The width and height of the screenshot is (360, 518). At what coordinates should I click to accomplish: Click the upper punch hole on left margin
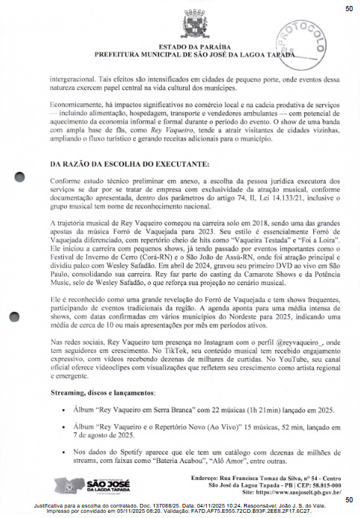point(20,177)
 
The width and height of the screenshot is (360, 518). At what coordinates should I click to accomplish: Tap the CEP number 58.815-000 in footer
point(321,485)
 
